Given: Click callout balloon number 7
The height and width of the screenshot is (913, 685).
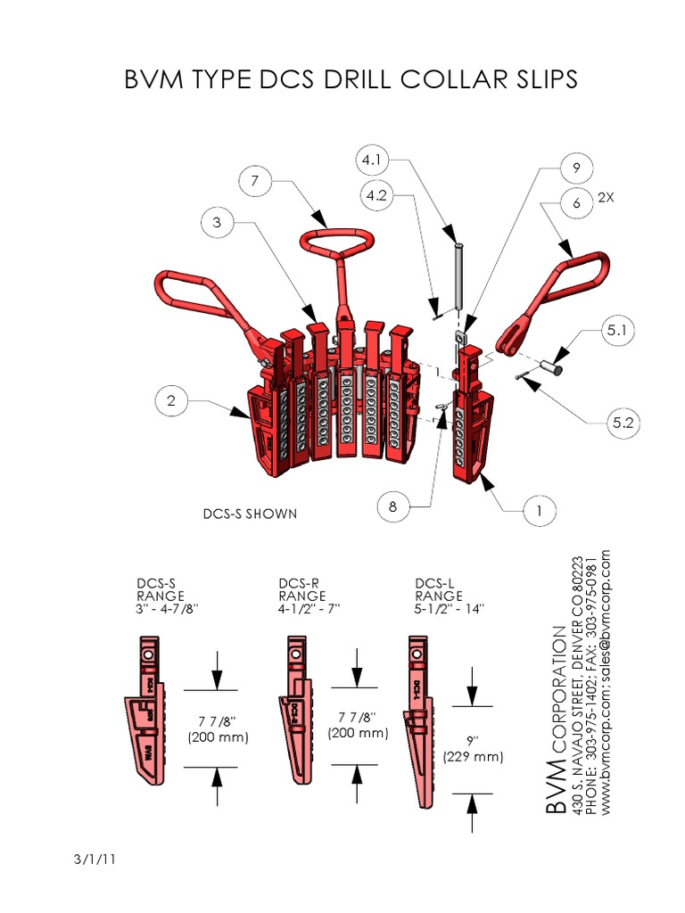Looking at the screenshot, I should pyautogui.click(x=254, y=181).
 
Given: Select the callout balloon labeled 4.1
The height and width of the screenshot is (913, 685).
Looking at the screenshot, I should pyautogui.click(x=370, y=160).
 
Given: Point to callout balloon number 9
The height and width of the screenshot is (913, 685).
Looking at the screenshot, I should pyautogui.click(x=577, y=167).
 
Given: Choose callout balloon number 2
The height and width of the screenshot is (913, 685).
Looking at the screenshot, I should pyautogui.click(x=171, y=402).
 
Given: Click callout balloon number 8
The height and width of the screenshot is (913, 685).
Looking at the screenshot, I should pyautogui.click(x=392, y=508).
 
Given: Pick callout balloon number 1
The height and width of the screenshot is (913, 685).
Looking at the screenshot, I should pyautogui.click(x=540, y=511).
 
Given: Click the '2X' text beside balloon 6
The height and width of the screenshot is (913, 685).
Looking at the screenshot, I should pyautogui.click(x=607, y=197).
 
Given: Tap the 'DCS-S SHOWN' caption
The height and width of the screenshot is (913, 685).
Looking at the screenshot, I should pyautogui.click(x=250, y=514).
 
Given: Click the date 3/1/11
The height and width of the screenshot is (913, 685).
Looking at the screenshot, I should pyautogui.click(x=91, y=860).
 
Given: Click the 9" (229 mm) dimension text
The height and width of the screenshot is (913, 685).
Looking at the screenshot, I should pyautogui.click(x=473, y=749).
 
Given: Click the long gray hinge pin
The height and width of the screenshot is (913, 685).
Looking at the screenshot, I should pyautogui.click(x=458, y=276).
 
